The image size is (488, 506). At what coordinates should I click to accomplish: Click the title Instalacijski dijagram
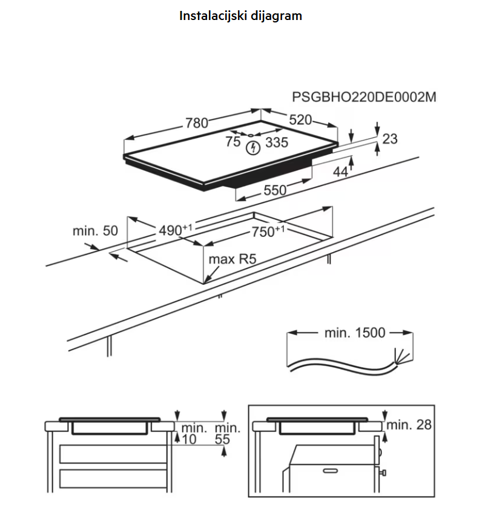[240, 16]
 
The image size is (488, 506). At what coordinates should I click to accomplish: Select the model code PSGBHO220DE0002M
[364, 98]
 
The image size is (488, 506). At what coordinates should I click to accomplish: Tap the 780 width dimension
[196, 123]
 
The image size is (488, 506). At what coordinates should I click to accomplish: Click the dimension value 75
[232, 142]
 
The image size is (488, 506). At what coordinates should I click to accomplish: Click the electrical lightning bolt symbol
[253, 147]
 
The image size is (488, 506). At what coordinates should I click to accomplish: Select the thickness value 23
[390, 139]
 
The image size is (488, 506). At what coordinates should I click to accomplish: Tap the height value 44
[341, 172]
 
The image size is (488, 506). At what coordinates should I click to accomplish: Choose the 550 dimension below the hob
[274, 190]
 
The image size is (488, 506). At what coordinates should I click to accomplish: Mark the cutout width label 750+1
[267, 231]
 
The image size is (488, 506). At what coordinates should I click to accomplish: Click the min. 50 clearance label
[95, 231]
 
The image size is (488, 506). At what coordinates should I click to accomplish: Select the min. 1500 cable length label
[355, 333]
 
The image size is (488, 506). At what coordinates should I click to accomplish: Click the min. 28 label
[410, 425]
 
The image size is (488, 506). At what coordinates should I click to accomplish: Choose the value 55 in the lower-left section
[223, 440]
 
